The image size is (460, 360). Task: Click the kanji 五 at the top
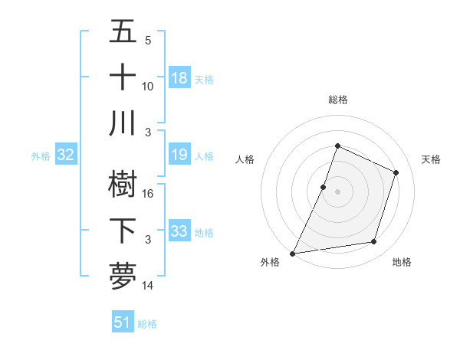(x=123, y=31)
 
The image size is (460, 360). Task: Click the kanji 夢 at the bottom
(x=123, y=276)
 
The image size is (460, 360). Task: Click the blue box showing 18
(x=179, y=77)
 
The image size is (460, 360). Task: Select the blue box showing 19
(x=179, y=155)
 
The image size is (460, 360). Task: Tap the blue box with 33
(x=179, y=231)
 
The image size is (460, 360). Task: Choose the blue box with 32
(x=66, y=155)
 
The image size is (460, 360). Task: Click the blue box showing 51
(x=123, y=322)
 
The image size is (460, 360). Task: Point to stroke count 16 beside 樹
(x=148, y=193)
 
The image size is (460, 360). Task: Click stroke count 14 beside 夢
(x=148, y=286)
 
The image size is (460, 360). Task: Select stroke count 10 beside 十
(x=148, y=86)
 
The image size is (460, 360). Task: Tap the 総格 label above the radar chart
(x=337, y=100)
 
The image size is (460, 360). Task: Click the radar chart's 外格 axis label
(x=270, y=263)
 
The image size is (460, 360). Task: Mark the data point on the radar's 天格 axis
(x=396, y=172)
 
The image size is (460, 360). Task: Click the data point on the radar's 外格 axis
(x=293, y=253)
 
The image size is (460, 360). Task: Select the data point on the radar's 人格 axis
(x=324, y=187)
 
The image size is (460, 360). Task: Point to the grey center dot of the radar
(x=337, y=191)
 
